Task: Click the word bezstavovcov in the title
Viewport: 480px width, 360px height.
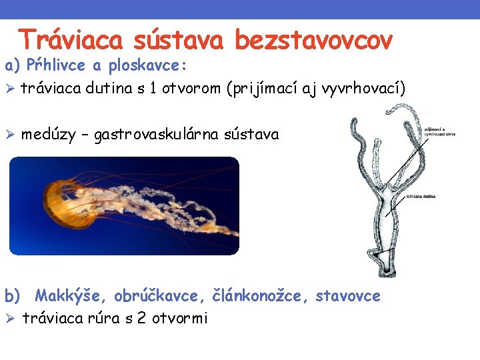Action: (x=313, y=41)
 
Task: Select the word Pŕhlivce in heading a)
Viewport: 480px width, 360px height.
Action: (x=50, y=67)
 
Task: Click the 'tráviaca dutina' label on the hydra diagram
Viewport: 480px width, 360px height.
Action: (x=421, y=197)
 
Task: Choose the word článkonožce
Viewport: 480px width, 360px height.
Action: (x=260, y=295)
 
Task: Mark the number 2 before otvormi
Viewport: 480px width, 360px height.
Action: (x=141, y=318)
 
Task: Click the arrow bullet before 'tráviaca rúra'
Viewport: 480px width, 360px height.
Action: (x=10, y=318)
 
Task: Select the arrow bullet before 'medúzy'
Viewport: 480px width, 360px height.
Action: (x=10, y=135)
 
